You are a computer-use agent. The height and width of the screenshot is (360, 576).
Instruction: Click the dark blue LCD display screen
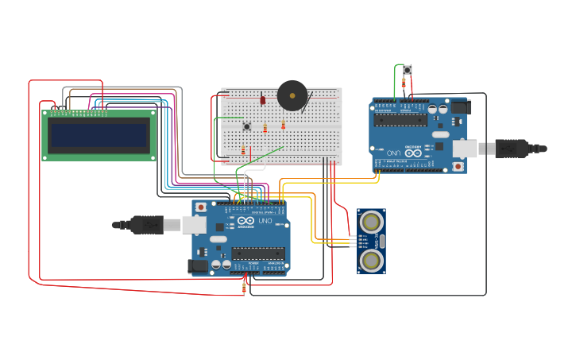pos(99,136)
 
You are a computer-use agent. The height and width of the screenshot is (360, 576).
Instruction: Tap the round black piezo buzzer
pos(292,95)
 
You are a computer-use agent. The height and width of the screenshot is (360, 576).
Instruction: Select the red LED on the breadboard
pos(262,100)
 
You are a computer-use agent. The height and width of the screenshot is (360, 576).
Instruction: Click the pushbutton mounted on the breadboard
pos(246,126)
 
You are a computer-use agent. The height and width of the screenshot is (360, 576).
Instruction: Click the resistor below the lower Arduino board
pos(244,288)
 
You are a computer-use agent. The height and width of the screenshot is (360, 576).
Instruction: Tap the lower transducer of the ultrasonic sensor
pos(371,260)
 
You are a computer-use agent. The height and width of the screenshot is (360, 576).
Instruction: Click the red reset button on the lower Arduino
pos(201,207)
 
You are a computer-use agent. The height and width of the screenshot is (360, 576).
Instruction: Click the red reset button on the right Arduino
pos(458,166)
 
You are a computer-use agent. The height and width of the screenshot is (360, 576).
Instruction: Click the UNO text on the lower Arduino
pos(265,220)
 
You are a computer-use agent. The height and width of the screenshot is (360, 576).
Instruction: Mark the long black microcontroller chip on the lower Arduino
pos(257,254)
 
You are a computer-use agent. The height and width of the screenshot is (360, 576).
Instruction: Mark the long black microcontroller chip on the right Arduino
pos(401,120)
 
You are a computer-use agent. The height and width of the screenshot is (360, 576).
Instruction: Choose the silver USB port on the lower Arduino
pos(194,225)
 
